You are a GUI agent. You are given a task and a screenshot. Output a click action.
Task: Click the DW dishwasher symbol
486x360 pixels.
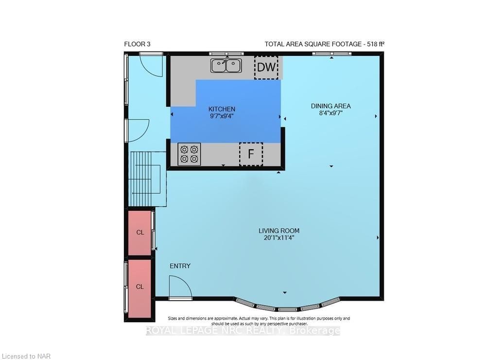tap(266, 67)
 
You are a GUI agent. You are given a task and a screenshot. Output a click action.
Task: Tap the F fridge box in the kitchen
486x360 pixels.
tap(251, 154)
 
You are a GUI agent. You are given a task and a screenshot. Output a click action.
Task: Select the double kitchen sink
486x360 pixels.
tap(226, 66)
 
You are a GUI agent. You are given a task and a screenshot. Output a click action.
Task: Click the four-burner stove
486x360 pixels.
tap(189, 154)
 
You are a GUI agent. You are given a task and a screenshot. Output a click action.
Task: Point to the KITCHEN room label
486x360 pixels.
tap(222, 109)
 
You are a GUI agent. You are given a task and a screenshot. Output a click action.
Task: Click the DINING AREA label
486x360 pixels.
tap(330, 106)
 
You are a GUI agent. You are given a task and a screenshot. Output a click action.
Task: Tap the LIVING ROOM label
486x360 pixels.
tap(279, 231)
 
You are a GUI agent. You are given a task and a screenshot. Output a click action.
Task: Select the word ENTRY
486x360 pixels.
tap(180, 266)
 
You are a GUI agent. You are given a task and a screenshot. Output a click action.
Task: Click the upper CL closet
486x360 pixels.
tap(140, 233)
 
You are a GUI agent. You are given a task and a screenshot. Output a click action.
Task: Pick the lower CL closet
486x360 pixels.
tap(140, 289)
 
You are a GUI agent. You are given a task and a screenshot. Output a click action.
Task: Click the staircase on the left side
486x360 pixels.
tap(148, 179)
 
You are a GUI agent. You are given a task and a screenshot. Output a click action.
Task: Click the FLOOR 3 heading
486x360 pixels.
tap(138, 44)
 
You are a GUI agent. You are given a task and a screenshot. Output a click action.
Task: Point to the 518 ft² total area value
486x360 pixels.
tap(376, 44)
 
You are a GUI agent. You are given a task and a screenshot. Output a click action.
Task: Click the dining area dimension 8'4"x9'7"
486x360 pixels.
tap(330, 113)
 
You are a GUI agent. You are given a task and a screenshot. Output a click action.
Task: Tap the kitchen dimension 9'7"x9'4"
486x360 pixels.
tap(222, 116)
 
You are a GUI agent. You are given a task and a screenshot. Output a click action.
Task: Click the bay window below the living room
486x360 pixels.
tap(287, 305)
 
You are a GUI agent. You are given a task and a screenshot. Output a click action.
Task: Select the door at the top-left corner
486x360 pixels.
tap(151, 65)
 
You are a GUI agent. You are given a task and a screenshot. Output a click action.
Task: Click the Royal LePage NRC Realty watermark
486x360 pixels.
tap(243, 331)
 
